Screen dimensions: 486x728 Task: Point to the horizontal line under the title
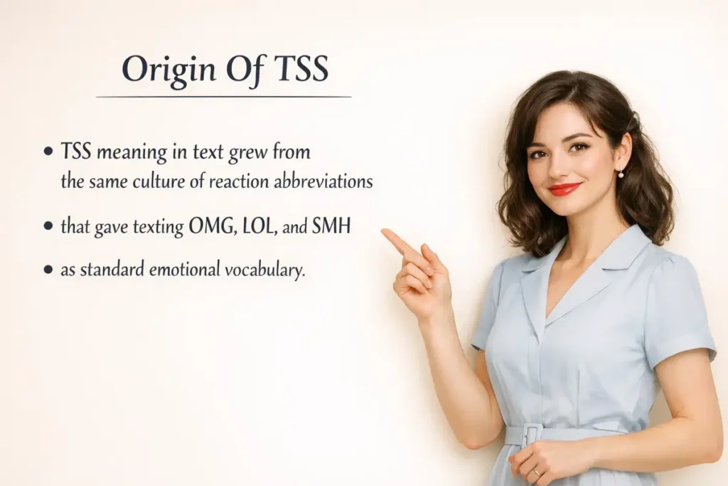223,96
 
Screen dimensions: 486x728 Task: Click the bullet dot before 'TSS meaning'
48,152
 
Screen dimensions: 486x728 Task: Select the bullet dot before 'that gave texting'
48,226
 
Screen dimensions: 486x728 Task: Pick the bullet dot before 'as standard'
48,270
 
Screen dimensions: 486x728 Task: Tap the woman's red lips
564,189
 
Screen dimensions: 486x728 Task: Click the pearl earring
620,174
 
